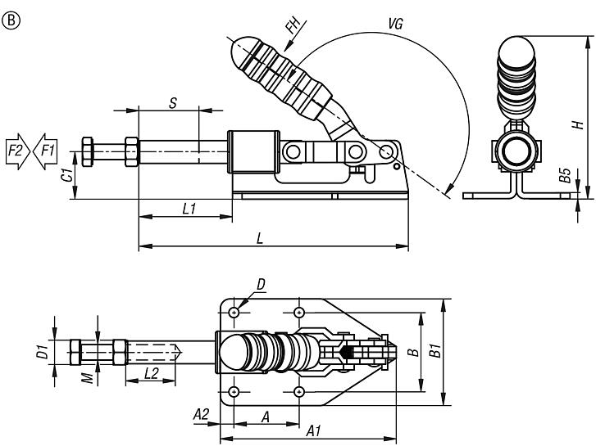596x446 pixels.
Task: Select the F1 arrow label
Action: click(x=46, y=151)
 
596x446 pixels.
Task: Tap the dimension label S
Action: click(x=172, y=103)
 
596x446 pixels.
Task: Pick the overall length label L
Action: click(x=260, y=238)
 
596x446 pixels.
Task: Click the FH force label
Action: click(x=292, y=26)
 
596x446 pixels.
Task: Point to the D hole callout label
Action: click(x=261, y=284)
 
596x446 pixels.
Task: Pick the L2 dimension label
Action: click(x=152, y=373)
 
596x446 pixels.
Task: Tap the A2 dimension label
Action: click(x=199, y=414)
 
